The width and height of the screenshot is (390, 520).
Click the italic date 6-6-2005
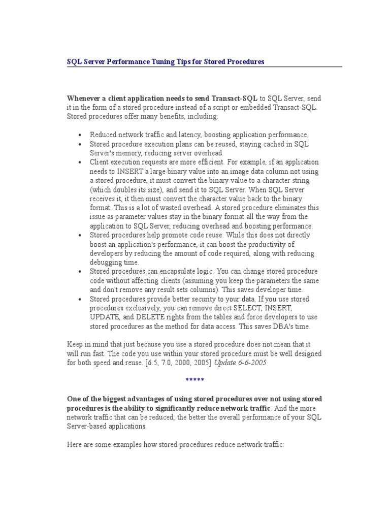pyautogui.click(x=249, y=363)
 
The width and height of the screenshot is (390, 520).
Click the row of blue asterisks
pyautogui.click(x=195, y=380)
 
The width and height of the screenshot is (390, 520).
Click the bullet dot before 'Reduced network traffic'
pyautogui.click(x=81, y=135)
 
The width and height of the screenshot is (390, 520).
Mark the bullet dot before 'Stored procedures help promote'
pyautogui.click(x=81, y=236)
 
